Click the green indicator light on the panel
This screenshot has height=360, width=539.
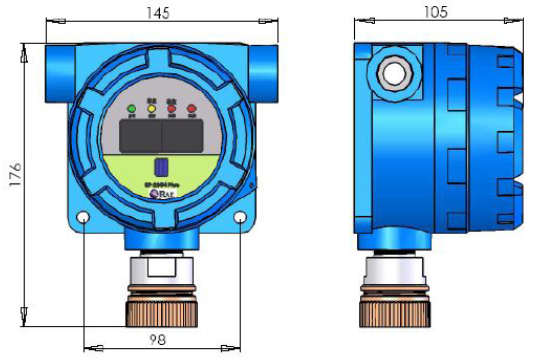[132, 108]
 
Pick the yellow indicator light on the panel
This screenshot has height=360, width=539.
[152, 108]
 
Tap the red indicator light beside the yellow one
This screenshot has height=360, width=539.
[172, 108]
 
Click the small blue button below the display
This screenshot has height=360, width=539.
[160, 167]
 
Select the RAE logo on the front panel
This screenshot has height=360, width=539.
[160, 195]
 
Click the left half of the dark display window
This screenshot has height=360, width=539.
[139, 132]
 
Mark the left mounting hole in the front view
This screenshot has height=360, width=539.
[84, 218]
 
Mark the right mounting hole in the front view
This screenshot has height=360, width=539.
[241, 218]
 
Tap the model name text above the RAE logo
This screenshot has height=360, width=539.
[160, 185]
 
